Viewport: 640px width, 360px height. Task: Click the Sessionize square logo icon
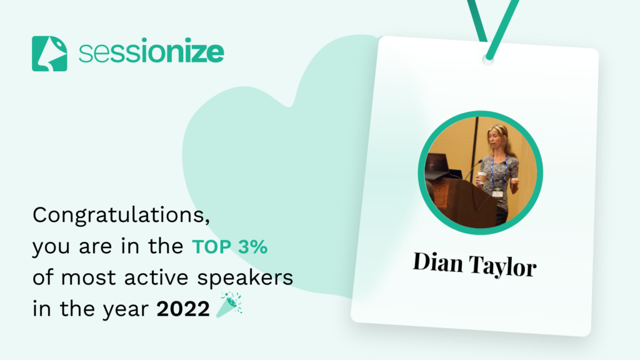[x=49, y=54]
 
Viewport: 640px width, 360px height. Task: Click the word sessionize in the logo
[x=151, y=52]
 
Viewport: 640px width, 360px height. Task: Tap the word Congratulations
[x=121, y=215]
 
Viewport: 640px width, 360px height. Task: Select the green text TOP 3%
[x=230, y=246]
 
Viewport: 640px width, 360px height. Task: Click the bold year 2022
[x=183, y=309]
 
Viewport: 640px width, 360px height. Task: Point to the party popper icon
[x=229, y=304]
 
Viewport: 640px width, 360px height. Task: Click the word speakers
[x=245, y=278]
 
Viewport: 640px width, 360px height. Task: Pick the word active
[x=156, y=277]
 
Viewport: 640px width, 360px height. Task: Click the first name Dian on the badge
[x=437, y=262]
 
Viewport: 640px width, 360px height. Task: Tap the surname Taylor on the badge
[x=502, y=266]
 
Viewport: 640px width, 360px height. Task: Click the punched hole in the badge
[x=487, y=59]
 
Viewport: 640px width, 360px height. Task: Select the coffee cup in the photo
[x=482, y=179]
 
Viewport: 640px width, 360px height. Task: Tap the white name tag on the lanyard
[x=497, y=193]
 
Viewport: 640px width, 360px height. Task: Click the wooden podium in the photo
[x=461, y=201]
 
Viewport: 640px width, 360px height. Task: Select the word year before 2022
[x=125, y=309]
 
